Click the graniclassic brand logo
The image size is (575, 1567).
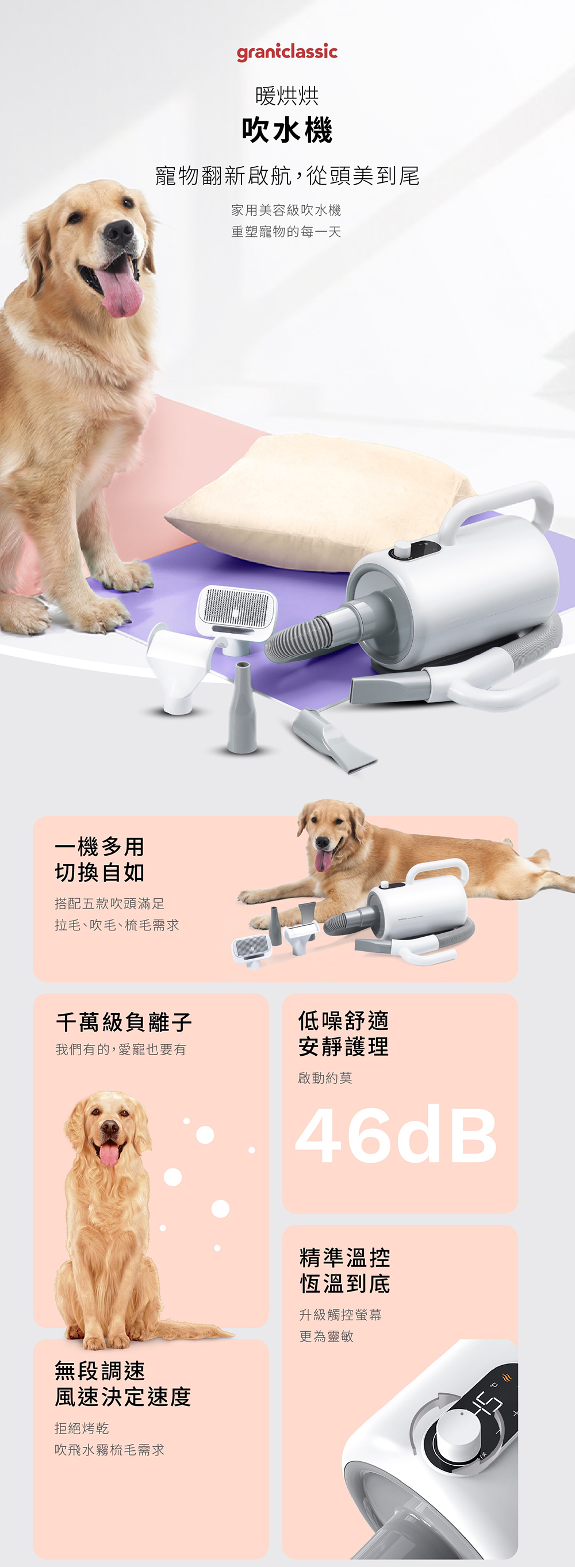coord(287,52)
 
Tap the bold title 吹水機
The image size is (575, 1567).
coord(287,130)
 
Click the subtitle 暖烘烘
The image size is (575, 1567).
coord(287,95)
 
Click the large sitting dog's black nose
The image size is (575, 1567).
coord(118,232)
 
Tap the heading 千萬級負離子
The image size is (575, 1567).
coord(124,1022)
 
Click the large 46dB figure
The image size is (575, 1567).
coord(396,1135)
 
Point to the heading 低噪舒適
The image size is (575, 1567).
coord(344,1020)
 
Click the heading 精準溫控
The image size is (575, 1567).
coord(345,1257)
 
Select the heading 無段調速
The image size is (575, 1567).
coord(101,1370)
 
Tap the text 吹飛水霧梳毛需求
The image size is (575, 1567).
coord(109,1450)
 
